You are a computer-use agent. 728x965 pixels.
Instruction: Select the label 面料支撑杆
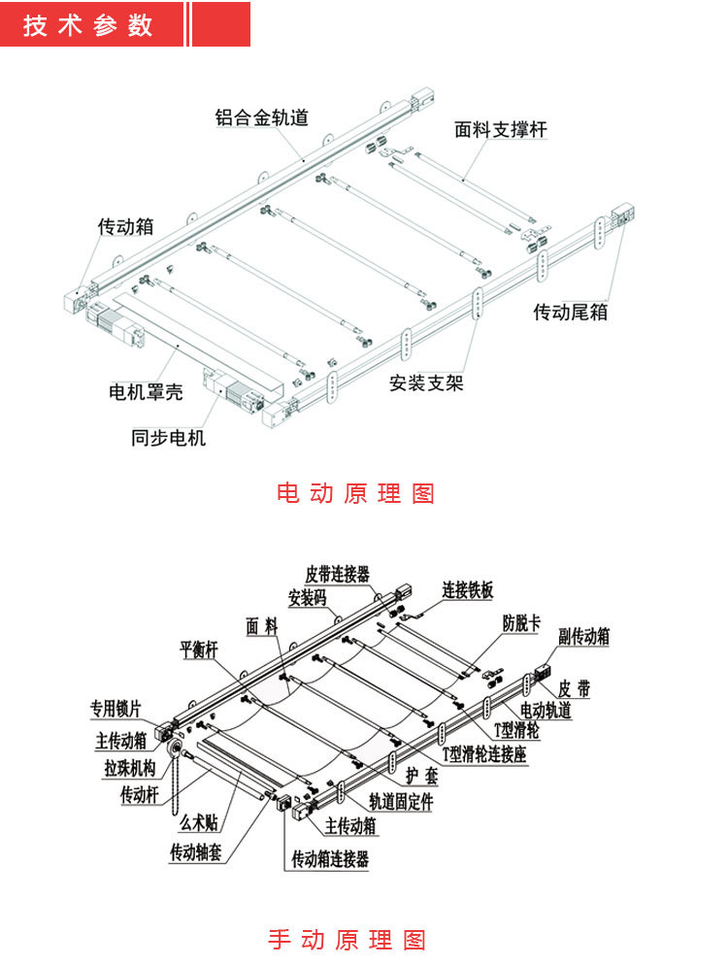pos(501,129)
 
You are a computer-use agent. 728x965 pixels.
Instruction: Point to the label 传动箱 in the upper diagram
pos(126,226)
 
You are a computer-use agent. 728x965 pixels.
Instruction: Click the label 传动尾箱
pos(571,312)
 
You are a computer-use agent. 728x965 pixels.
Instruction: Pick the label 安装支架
pos(426,382)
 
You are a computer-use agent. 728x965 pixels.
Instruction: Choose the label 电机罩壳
pos(146,392)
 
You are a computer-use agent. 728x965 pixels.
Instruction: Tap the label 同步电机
pos(169,437)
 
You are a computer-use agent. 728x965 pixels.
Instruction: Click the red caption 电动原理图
pos(355,492)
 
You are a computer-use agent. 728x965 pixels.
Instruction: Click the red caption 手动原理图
pos(347,939)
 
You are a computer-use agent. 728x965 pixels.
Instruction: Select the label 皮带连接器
pos(338,575)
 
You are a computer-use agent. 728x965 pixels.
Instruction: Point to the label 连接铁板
pos(468,589)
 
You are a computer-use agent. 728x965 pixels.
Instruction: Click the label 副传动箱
pos(584,637)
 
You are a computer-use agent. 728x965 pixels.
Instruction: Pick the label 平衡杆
pos(200,648)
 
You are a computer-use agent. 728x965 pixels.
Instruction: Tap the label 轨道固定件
pos(401,803)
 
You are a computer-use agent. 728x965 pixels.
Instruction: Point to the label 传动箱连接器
pos(330,859)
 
